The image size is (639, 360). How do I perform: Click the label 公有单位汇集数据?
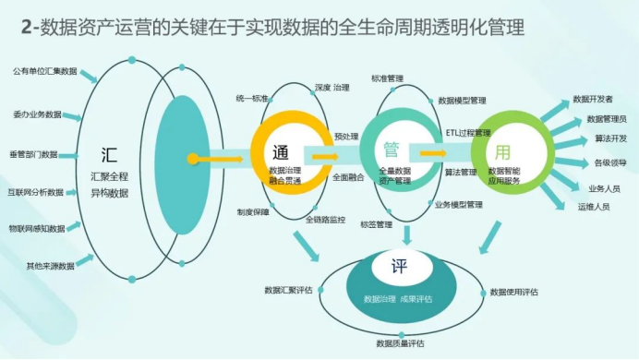(45, 72)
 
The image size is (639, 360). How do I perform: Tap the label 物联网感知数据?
(37, 229)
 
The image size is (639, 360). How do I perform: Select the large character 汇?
(109, 155)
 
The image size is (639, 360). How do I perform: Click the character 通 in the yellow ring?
(281, 152)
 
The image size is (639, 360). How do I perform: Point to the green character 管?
(392, 150)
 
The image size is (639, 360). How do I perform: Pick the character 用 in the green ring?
(502, 152)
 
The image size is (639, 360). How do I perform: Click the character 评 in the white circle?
(399, 267)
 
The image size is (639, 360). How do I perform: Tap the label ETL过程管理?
(468, 133)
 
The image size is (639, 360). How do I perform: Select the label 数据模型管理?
(462, 101)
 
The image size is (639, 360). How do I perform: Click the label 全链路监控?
(326, 220)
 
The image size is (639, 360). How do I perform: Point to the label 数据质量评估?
(400, 343)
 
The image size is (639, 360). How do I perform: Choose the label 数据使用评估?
(514, 292)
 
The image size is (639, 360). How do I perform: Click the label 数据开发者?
(593, 99)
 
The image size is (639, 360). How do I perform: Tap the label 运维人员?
(594, 207)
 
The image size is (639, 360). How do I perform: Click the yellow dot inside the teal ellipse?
(193, 159)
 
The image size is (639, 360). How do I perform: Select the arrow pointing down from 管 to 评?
(406, 235)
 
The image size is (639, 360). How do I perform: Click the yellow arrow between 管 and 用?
(433, 153)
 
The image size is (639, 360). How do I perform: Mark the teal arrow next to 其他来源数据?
(85, 259)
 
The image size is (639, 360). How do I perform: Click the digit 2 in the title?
(26, 28)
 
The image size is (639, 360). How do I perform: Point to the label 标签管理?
(377, 224)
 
